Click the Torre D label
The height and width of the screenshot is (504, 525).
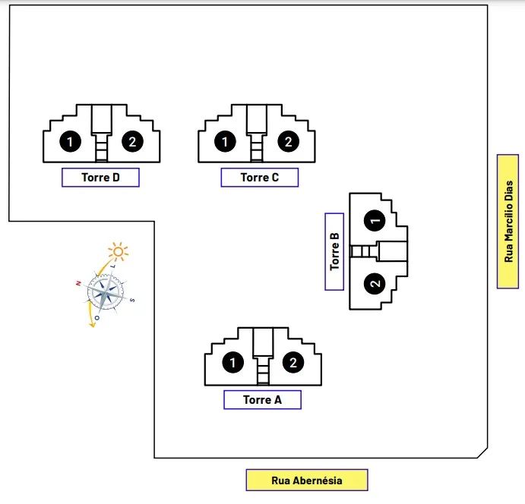(100, 178)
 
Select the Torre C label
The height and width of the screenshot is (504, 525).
(259, 178)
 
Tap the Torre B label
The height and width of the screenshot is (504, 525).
(334, 251)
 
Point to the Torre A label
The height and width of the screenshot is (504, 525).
(262, 400)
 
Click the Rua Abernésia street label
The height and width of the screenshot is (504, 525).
(306, 480)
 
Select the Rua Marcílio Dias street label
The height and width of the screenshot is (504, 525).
(508, 222)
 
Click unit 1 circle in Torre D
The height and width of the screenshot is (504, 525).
(70, 141)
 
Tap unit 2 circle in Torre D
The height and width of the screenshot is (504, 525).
(132, 141)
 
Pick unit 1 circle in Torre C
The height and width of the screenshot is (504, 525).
(225, 141)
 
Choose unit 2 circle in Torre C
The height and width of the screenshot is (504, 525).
(288, 141)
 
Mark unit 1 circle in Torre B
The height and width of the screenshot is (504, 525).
(375, 220)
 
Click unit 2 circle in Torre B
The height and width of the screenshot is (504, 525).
(375, 284)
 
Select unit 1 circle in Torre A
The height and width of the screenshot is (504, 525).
(232, 363)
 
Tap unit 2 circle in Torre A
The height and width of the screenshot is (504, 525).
(293, 363)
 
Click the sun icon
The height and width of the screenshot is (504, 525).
(118, 251)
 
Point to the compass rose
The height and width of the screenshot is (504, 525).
(105, 291)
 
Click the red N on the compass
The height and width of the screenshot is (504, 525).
(78, 282)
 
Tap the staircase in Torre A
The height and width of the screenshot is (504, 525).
(264, 372)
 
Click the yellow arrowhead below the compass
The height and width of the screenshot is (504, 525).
(93, 324)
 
